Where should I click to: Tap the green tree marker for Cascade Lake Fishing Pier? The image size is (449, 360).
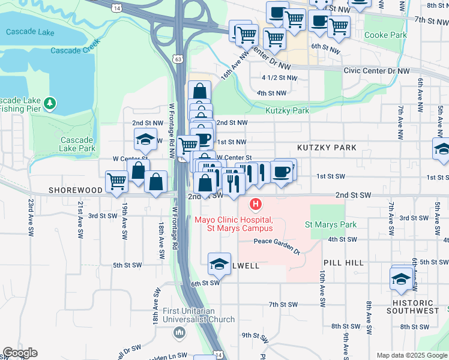(50, 104)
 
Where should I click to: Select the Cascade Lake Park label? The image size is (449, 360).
(77, 144)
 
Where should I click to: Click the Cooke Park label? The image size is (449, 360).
(385, 35)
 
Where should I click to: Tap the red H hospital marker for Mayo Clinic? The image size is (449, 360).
(256, 205)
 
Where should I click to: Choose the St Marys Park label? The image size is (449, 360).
(331, 225)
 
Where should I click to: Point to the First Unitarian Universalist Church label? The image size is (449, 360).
(199, 315)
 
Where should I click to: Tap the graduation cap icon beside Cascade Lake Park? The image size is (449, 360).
(145, 140)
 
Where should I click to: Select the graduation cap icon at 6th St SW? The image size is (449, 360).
(219, 263)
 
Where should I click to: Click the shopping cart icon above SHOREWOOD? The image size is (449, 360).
(116, 181)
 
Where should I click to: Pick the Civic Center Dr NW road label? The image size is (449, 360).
(376, 71)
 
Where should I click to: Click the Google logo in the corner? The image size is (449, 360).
(20, 353)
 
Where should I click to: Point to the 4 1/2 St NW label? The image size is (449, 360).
(279, 78)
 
